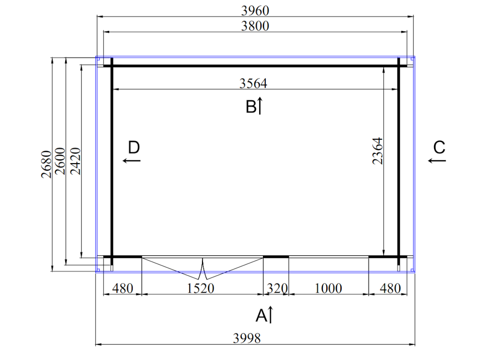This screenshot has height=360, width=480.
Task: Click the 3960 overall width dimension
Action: [255, 11]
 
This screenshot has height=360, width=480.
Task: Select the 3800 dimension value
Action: [255, 26]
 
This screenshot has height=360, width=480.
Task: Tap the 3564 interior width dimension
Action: [253, 83]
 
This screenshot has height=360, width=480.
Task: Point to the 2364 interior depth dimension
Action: [377, 151]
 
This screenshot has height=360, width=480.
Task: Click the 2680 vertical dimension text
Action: [46, 164]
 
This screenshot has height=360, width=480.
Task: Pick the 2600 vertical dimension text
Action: [60, 161]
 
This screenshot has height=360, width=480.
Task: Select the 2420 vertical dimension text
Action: [75, 161]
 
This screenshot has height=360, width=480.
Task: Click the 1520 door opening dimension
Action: [201, 288]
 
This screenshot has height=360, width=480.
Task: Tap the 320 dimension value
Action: [277, 288]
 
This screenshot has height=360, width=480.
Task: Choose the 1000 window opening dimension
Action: [328, 288]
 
